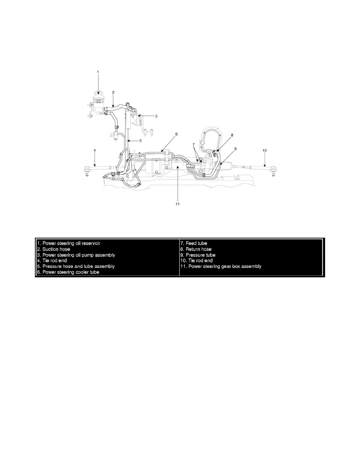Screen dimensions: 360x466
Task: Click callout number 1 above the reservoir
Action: (98, 72)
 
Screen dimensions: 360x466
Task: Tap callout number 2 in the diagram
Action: (113, 93)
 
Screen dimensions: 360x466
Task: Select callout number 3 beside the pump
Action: (156, 116)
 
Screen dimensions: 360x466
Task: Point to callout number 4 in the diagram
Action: (95, 150)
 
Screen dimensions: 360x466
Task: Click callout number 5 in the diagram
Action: (140, 140)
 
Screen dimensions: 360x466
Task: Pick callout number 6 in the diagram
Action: (176, 134)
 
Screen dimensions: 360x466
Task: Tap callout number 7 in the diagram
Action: (193, 145)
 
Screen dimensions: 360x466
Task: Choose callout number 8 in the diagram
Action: (232, 135)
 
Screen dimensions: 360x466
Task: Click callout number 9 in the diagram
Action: (235, 149)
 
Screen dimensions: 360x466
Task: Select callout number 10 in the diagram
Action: (264, 150)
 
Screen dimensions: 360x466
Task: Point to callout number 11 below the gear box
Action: (177, 204)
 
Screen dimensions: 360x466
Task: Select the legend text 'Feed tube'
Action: (194, 243)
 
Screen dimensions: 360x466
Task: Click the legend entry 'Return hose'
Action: (196, 249)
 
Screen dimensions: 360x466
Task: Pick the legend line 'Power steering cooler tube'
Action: (68, 272)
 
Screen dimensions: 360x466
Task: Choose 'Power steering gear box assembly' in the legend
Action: (221, 266)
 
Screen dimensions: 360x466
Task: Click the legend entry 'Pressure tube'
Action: (198, 255)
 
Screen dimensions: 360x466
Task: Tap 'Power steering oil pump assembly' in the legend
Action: (76, 255)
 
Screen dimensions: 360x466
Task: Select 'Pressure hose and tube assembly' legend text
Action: (76, 266)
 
